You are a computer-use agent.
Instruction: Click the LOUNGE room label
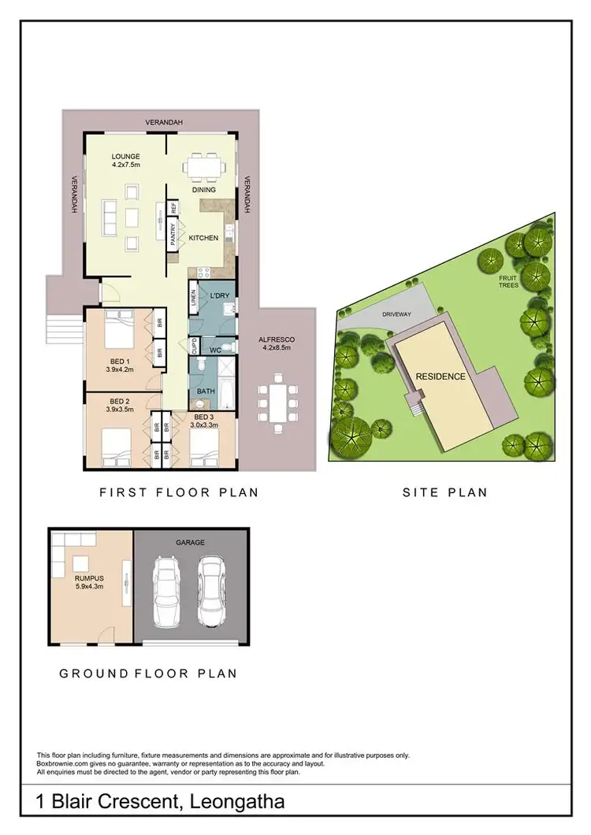(x=126, y=156)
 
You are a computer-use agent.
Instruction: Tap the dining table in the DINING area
(x=204, y=168)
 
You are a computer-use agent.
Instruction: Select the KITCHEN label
(x=204, y=237)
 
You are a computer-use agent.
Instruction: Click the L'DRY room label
(x=218, y=295)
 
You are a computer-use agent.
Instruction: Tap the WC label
(x=214, y=348)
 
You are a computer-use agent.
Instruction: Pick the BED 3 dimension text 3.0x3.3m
(x=203, y=425)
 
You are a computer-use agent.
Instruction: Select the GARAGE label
(x=191, y=543)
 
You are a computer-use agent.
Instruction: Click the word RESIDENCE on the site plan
(x=440, y=376)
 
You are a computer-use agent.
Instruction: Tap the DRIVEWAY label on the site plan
(x=397, y=314)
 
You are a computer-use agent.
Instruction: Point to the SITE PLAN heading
(x=444, y=492)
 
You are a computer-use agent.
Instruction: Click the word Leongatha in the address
(x=234, y=803)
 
